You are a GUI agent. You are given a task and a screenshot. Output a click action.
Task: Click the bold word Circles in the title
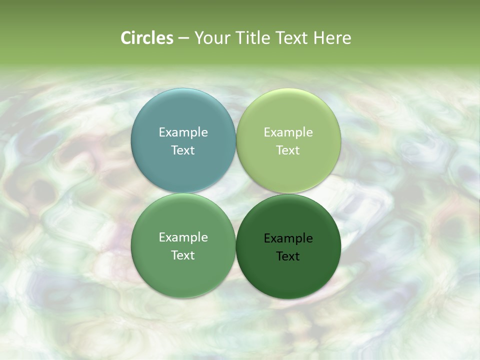tap(147, 38)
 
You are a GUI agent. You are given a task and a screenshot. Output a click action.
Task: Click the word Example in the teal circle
tap(183, 132)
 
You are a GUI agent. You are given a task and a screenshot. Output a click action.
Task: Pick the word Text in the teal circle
tap(183, 150)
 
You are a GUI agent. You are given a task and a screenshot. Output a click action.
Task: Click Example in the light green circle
tap(288, 132)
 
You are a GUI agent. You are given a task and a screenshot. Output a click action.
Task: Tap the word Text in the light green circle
tap(288, 150)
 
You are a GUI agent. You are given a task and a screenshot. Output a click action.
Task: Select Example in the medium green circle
tap(183, 237)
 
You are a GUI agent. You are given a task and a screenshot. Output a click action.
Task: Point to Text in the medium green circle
tap(183, 255)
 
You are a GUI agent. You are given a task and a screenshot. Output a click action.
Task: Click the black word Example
tap(288, 238)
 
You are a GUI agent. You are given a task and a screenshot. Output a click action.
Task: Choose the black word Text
tap(288, 256)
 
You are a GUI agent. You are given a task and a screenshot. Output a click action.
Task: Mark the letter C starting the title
tap(126, 38)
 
